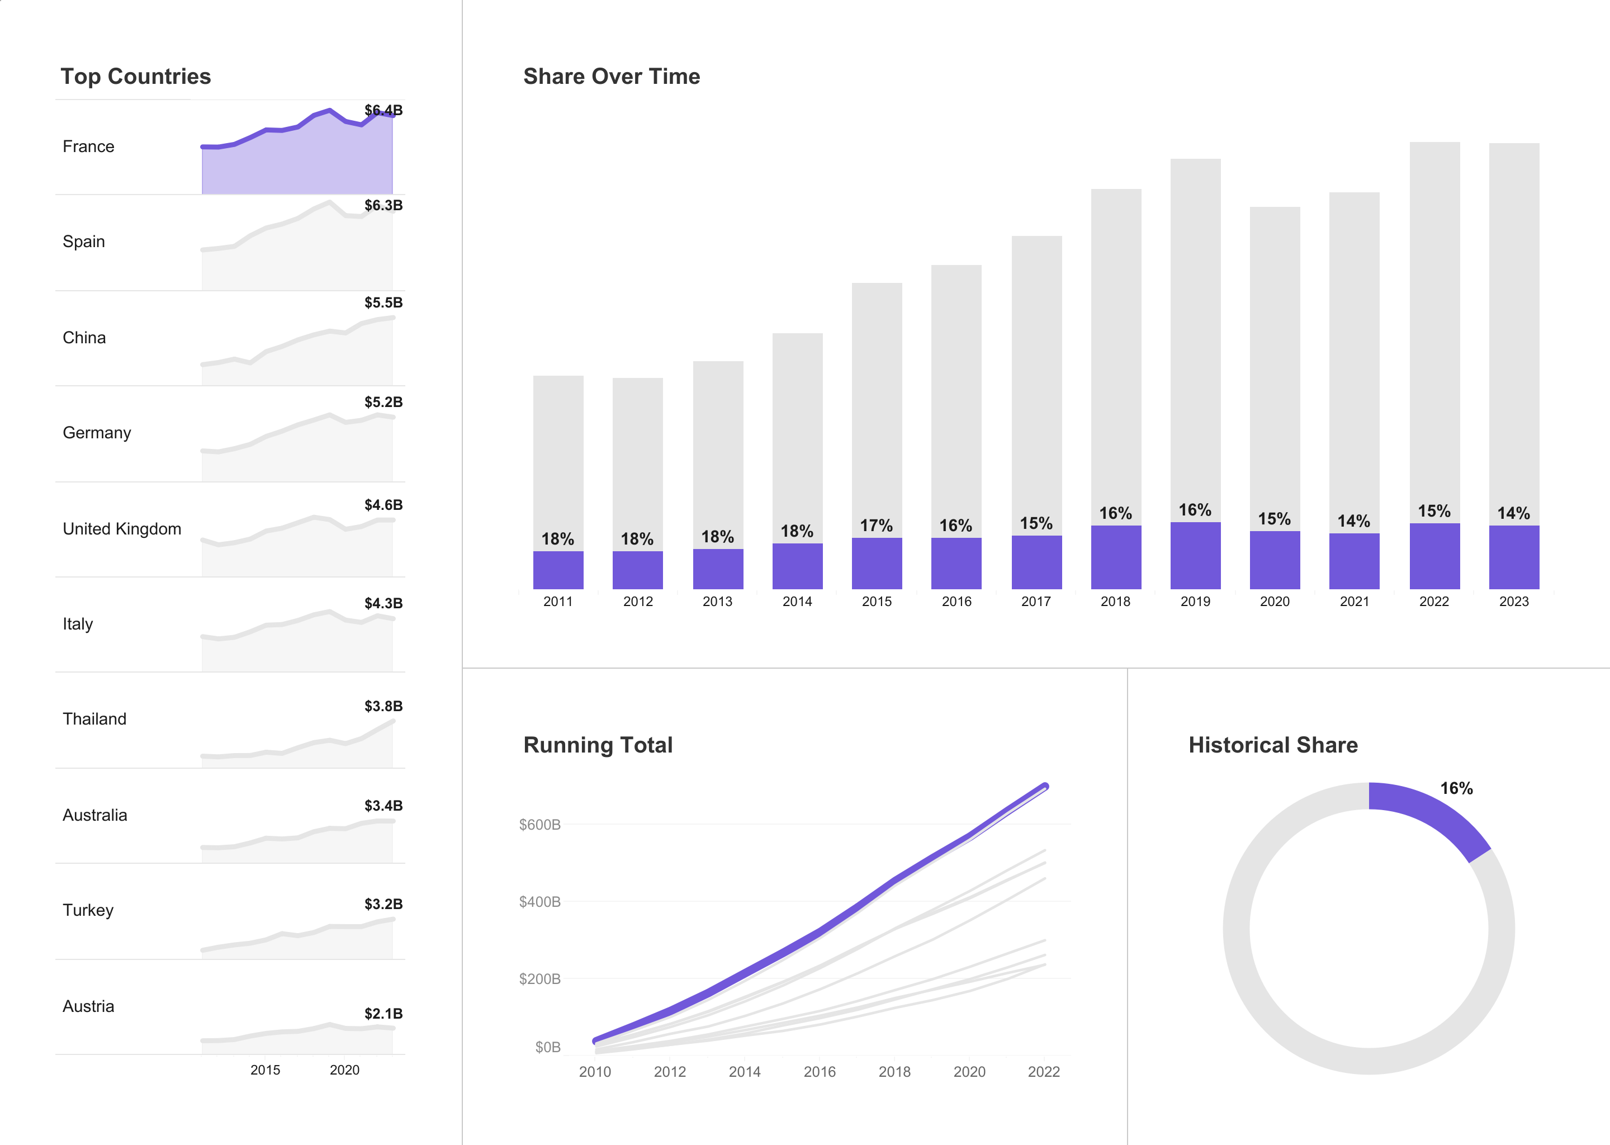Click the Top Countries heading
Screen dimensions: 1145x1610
coord(135,76)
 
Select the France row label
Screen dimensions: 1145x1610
coord(88,146)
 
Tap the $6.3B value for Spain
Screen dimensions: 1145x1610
coord(383,205)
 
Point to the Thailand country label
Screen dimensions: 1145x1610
coord(94,719)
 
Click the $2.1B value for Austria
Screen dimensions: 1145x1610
coord(383,1013)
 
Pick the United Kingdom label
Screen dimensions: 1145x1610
coord(122,529)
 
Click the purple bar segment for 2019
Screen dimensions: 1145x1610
coord(1195,556)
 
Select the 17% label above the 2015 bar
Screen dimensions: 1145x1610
coord(876,526)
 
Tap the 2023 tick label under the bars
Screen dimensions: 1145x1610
coord(1513,602)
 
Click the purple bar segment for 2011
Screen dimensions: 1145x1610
coord(557,570)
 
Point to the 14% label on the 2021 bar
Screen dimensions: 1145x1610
coord(1353,521)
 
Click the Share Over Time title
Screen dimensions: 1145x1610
coord(611,76)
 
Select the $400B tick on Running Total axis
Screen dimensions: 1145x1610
coord(539,902)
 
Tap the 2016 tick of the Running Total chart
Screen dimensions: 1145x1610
coord(819,1072)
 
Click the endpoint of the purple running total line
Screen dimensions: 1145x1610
coord(1045,786)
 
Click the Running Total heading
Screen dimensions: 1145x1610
coord(598,745)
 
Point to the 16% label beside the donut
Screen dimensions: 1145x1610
coord(1456,788)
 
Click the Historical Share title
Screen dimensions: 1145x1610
coord(1273,745)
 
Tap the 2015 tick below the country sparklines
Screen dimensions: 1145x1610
coord(265,1070)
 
